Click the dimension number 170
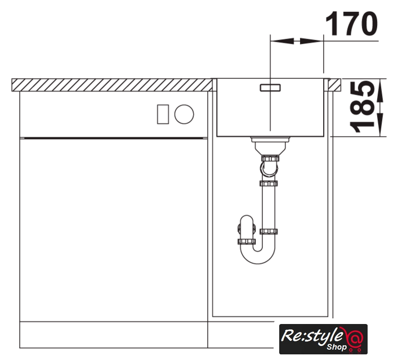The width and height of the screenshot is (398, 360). [x=351, y=23]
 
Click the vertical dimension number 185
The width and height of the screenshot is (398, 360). [x=362, y=106]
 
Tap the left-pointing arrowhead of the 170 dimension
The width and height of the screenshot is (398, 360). [x=282, y=41]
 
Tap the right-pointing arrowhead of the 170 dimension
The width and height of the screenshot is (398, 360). [x=312, y=41]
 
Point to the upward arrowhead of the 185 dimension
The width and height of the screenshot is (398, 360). [x=380, y=91]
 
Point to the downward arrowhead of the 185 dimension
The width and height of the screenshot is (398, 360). [x=380, y=125]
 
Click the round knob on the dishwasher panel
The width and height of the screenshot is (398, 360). [x=184, y=114]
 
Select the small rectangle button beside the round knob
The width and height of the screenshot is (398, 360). [x=163, y=114]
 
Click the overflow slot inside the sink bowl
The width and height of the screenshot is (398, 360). [x=270, y=88]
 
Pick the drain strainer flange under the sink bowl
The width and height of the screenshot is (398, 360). [x=270, y=139]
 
